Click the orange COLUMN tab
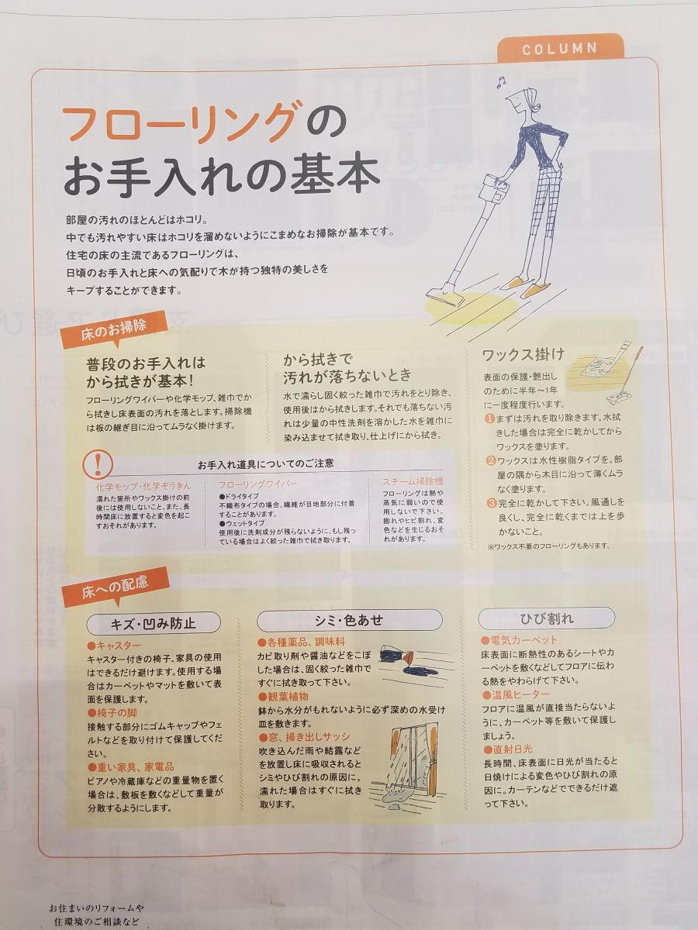click(x=559, y=48)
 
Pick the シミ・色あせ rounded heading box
click(x=349, y=620)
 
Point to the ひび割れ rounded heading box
click(x=545, y=618)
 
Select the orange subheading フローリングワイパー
click(x=258, y=484)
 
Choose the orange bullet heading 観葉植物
click(x=291, y=697)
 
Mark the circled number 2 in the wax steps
click(x=490, y=460)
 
